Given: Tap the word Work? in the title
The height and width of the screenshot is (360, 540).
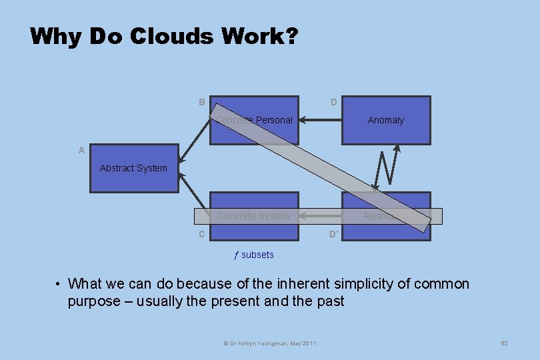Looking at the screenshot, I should point(259,36).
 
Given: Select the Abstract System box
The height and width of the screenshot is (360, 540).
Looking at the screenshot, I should point(134,168).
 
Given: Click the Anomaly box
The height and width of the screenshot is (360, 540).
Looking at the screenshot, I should point(386,120).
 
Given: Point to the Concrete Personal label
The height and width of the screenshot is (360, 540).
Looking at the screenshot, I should point(254,120).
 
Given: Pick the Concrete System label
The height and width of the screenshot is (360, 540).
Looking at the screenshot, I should point(253,216).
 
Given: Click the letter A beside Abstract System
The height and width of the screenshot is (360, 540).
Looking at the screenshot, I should point(81,150).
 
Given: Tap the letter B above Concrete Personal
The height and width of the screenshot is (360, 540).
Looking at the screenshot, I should point(201,102).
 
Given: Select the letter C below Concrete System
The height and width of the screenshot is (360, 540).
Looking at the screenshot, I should point(201,234).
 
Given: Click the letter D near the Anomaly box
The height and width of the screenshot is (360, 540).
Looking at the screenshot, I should point(334,102).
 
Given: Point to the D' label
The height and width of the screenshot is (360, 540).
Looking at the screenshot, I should point(335,234).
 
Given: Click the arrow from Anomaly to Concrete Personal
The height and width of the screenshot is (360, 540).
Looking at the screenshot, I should point(320,121).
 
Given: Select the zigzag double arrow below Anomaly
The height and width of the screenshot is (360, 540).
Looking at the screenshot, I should point(386,167).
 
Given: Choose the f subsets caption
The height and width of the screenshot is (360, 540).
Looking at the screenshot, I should point(253,255).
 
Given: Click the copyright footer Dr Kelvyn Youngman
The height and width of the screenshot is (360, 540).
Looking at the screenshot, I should point(269,343).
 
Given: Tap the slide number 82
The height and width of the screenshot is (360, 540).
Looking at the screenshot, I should point(504,343).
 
